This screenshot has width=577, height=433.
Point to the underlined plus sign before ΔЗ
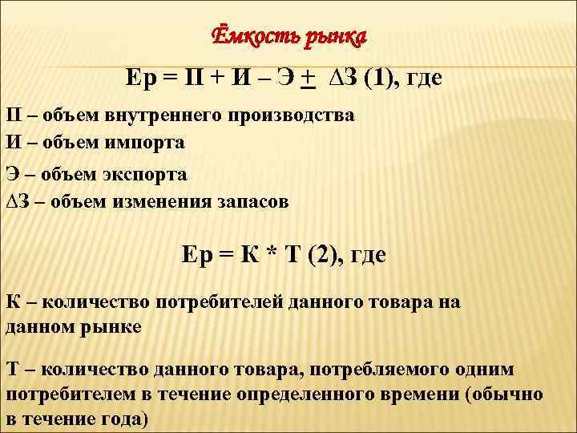click(x=306, y=77)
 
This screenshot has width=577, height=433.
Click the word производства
click(x=293, y=115)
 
